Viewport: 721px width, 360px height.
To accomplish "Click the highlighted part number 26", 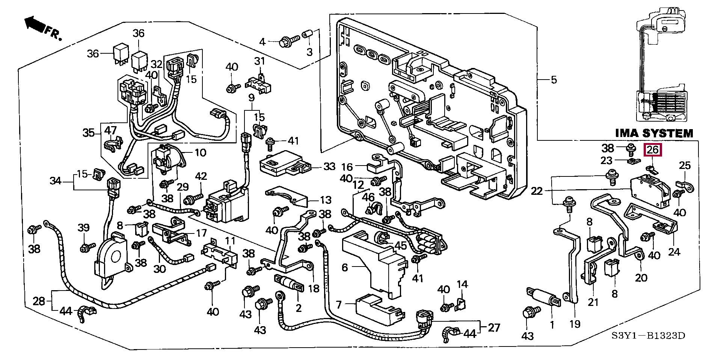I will pyautogui.click(x=653, y=150).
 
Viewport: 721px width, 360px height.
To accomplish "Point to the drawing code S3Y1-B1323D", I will pyautogui.click(x=653, y=335).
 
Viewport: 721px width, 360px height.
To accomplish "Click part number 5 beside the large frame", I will pyautogui.click(x=554, y=80).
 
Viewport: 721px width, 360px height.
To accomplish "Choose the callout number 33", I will pyautogui.click(x=329, y=166).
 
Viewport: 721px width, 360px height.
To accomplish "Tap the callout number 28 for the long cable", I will pyautogui.click(x=39, y=301).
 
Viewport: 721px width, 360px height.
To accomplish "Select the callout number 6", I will pyautogui.click(x=345, y=267).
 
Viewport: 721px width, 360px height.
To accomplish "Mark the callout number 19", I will pyautogui.click(x=575, y=324).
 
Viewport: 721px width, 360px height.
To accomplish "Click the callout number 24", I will pyautogui.click(x=674, y=251).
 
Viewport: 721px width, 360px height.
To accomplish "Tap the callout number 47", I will pyautogui.click(x=110, y=131).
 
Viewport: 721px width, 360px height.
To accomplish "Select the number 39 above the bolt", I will pyautogui.click(x=84, y=227).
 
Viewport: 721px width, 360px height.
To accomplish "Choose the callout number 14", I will pyautogui.click(x=462, y=284).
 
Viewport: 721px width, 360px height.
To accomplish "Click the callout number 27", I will pyautogui.click(x=494, y=327).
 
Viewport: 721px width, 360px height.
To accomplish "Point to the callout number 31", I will pyautogui.click(x=259, y=61).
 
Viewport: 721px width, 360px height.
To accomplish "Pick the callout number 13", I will pyautogui.click(x=326, y=200).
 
